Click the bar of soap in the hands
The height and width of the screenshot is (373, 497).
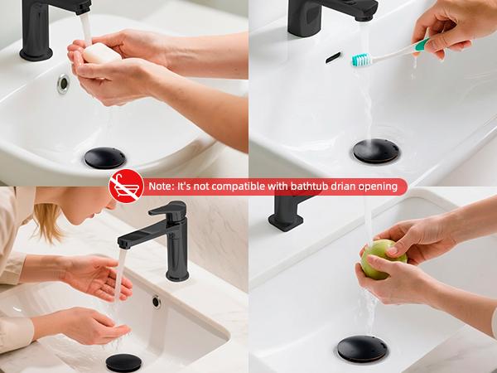point(99,56)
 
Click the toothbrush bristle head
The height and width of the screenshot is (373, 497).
point(362,60)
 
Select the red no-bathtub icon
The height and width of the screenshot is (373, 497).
point(126,186)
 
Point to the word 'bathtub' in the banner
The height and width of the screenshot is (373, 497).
point(313,186)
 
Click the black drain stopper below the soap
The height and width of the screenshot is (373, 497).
point(104,158)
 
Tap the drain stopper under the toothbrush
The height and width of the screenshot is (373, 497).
point(375,149)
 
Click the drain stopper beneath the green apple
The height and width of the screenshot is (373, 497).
point(362,348)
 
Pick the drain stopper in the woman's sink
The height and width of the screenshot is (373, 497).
point(123,362)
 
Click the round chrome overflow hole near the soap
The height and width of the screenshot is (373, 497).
point(63,84)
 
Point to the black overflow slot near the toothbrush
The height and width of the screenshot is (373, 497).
point(333,57)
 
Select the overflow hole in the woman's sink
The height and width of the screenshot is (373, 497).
point(156,302)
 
